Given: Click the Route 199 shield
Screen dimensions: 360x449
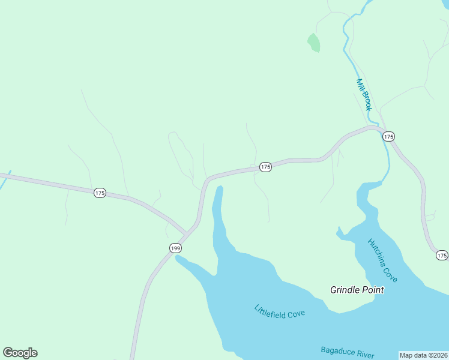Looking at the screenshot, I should [x=175, y=248].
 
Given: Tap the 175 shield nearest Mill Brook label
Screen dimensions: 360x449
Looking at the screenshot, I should [x=388, y=137].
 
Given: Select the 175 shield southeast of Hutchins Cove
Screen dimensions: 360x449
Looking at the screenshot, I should [x=442, y=256].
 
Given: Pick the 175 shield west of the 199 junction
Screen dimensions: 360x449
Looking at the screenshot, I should [x=100, y=193].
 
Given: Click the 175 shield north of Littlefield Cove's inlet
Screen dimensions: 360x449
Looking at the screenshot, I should [x=265, y=167].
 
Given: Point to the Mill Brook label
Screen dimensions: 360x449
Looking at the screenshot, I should [x=364, y=95].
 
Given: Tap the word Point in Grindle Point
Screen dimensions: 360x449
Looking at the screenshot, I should [x=372, y=290].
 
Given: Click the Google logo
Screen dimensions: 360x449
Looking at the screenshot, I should [x=20, y=353].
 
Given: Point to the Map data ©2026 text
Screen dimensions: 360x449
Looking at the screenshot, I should [x=423, y=355].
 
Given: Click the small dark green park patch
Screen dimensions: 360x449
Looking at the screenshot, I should [x=313, y=43].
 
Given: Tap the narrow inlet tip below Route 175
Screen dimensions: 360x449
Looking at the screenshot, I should [x=220, y=189].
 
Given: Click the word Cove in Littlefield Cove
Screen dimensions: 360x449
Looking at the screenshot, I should [x=296, y=314].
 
